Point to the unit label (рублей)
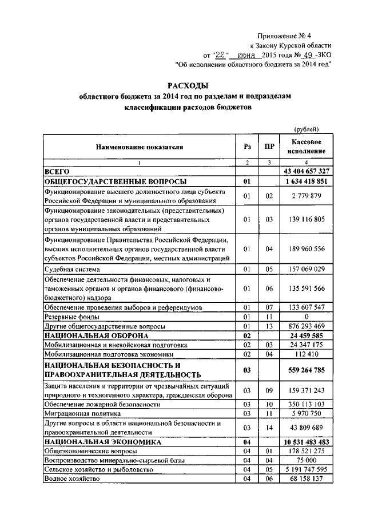pos(305,130)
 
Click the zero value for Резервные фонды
pos(307,317)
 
